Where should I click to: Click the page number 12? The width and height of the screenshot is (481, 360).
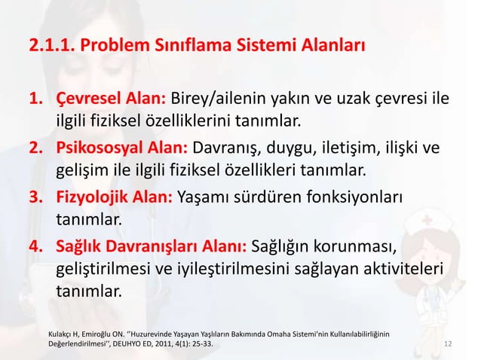pyautogui.click(x=449, y=344)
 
